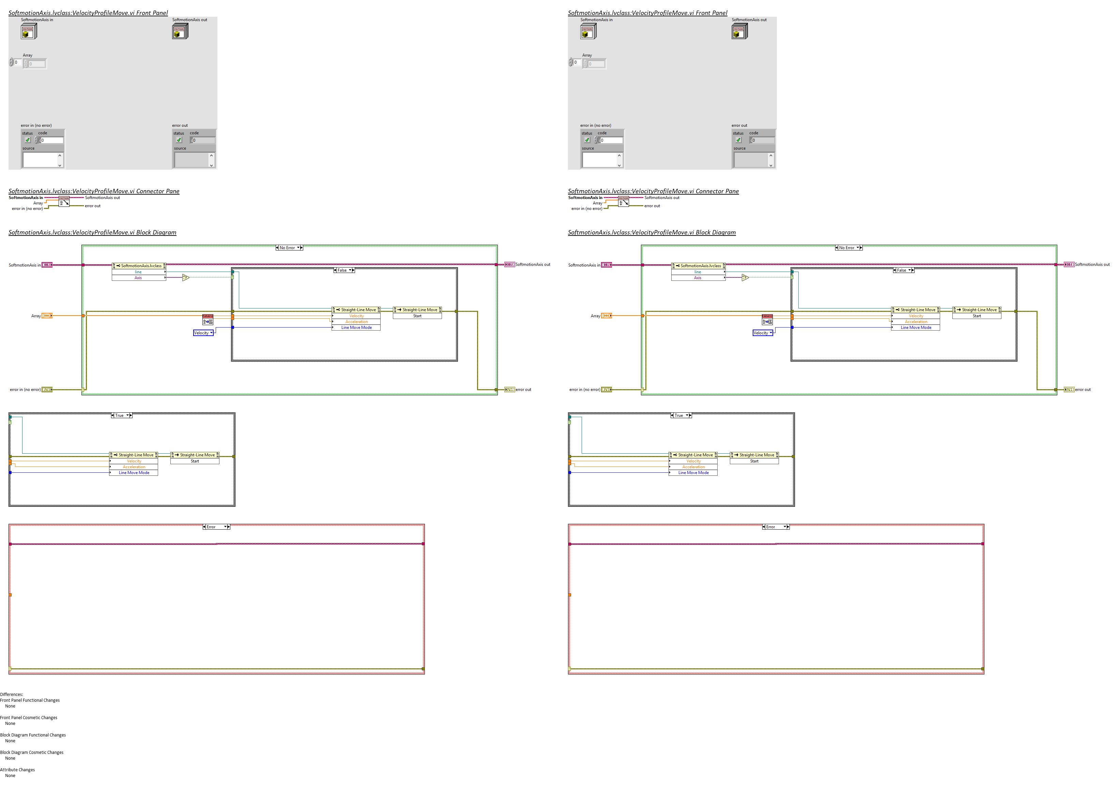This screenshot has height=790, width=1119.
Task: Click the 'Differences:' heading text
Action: click(12, 695)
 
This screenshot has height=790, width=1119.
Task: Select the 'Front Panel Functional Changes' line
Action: click(30, 700)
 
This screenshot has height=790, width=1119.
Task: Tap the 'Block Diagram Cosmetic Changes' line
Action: click(32, 753)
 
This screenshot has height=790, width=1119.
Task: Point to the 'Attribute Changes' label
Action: click(17, 770)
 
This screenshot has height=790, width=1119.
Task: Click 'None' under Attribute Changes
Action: click(10, 776)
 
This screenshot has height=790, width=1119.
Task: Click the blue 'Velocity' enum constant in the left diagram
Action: click(203, 333)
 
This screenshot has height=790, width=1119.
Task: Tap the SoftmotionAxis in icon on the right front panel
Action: click(588, 32)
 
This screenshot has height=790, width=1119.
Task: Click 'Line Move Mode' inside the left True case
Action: click(134, 473)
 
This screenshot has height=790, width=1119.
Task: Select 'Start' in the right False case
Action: click(977, 316)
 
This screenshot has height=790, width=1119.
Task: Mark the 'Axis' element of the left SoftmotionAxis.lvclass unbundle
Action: click(138, 278)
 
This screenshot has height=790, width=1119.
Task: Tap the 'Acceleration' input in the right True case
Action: click(693, 467)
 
